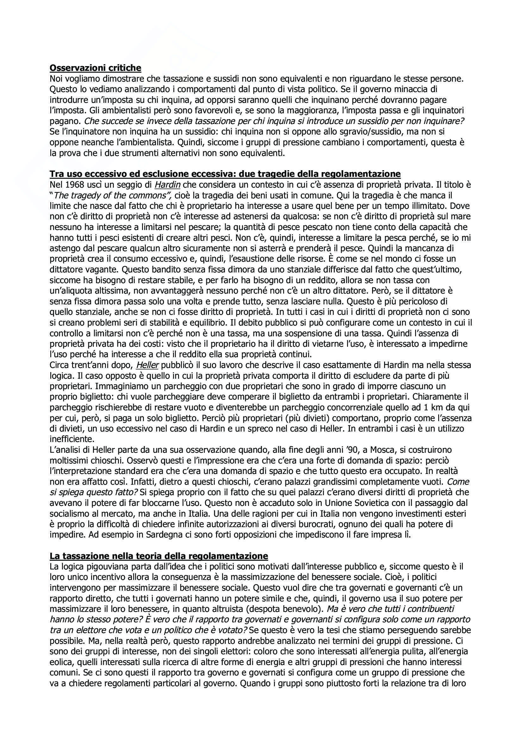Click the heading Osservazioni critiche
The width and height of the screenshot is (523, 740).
click(x=95, y=68)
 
